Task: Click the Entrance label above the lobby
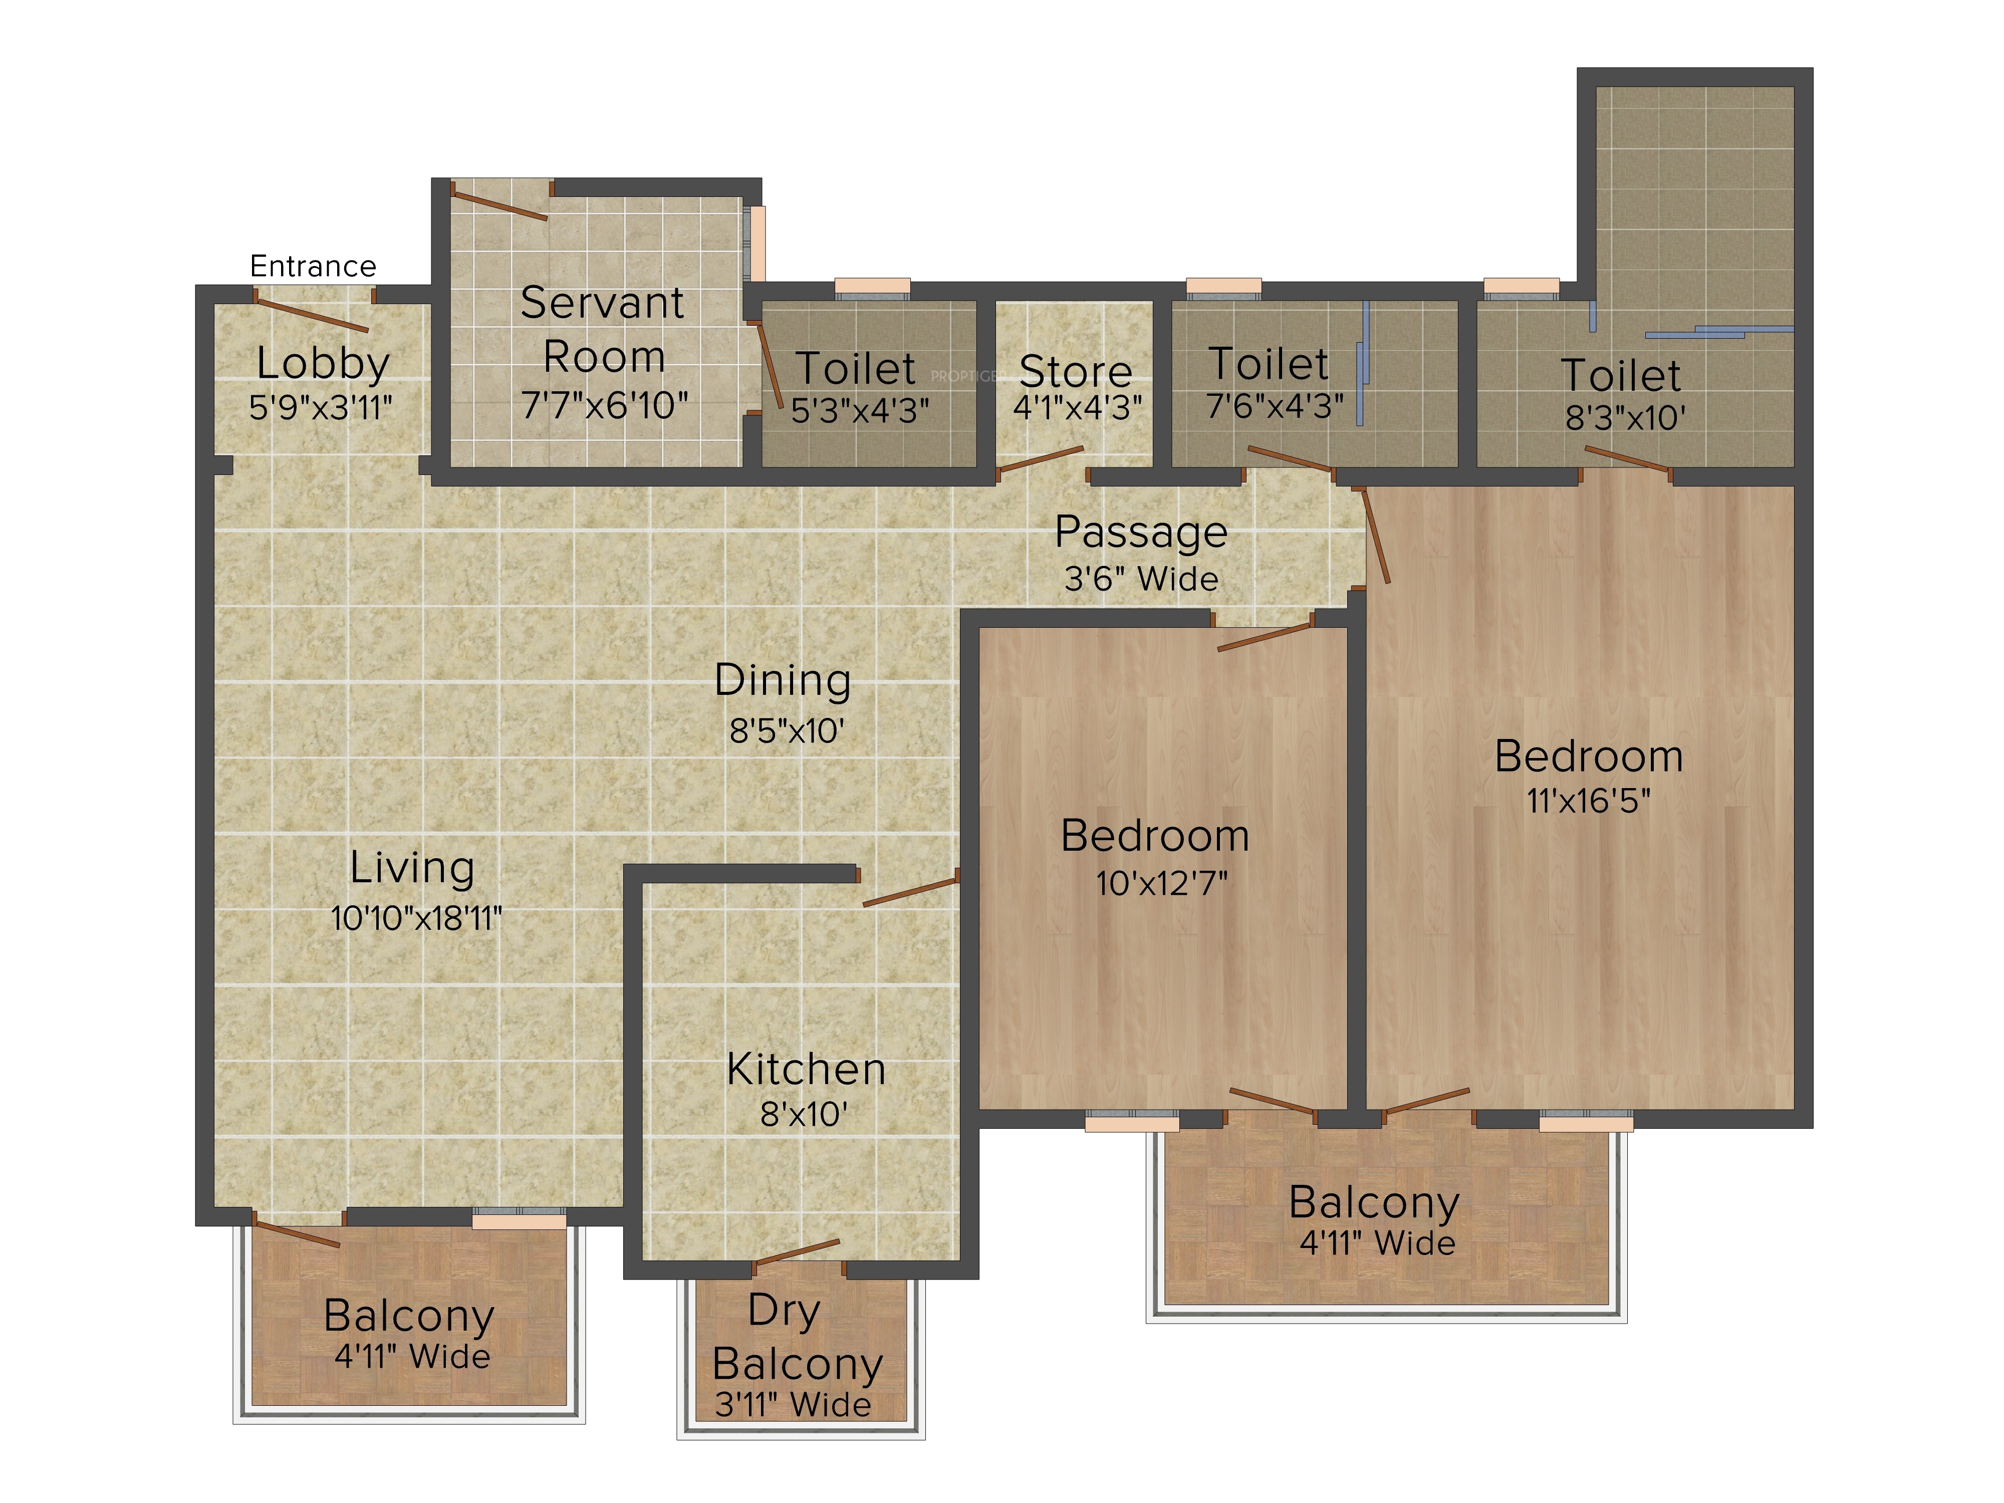pos(313,267)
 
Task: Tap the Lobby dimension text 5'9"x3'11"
pos(321,408)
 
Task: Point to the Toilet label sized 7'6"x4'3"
pos(1269,364)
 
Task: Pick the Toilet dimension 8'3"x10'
pos(1625,418)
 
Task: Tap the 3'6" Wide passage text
pos(1141,579)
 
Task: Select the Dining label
pos(783,680)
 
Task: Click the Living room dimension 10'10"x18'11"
pos(416,919)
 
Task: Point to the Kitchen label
pos(806,1070)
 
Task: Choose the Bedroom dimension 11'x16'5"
pos(1588,801)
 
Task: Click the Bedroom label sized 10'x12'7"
pos(1155,835)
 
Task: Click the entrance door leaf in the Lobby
pos(312,314)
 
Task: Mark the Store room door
pos(1040,461)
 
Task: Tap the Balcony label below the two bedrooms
pos(1373,1203)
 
